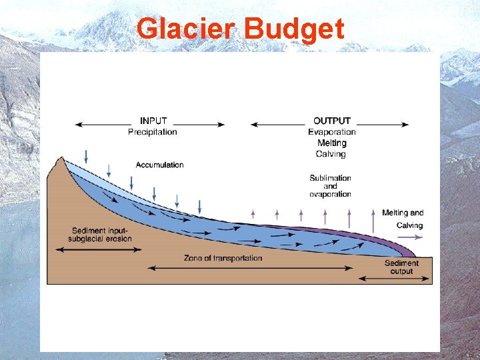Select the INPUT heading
153,121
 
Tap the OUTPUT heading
331,121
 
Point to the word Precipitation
153,132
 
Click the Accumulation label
159,165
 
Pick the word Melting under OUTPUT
331,143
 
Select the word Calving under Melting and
409,225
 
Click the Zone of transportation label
223,258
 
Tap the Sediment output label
401,267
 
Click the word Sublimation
330,178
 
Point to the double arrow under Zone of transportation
250,268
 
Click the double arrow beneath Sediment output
395,278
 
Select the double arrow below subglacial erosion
99,250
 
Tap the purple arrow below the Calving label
409,237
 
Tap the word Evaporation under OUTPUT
331,132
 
